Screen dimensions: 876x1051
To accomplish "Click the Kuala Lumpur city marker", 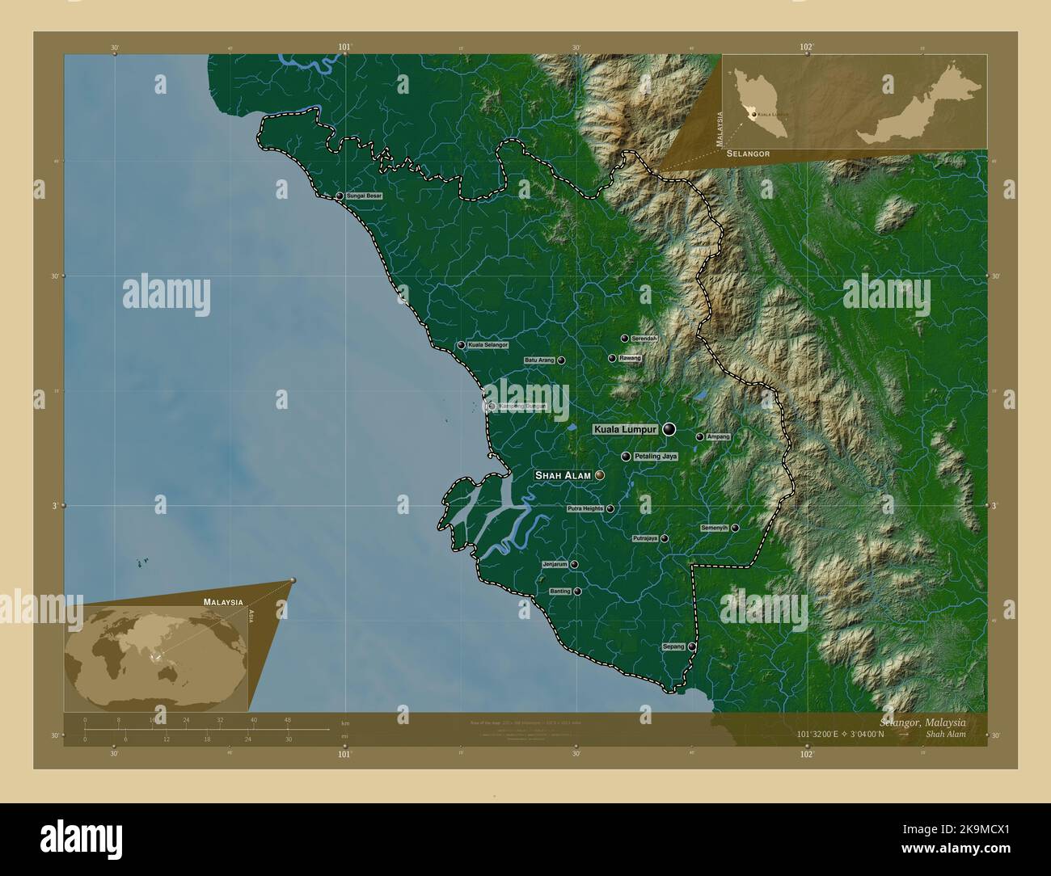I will pyautogui.click(x=669, y=429).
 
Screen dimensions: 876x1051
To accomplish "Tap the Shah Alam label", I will pyautogui.click(x=563, y=476).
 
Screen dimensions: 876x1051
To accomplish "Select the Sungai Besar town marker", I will pyautogui.click(x=340, y=196).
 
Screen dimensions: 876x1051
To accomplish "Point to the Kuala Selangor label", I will pyautogui.click(x=488, y=345).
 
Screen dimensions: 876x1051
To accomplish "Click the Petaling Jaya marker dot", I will pyautogui.click(x=626, y=457).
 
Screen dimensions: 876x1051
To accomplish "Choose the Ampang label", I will pyautogui.click(x=718, y=436).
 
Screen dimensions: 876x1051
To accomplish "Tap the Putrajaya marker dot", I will pyautogui.click(x=665, y=538).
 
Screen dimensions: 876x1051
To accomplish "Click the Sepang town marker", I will pyautogui.click(x=692, y=646).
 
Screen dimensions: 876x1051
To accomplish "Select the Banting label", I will pyautogui.click(x=560, y=592).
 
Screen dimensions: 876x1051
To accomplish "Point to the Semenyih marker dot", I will pyautogui.click(x=735, y=528).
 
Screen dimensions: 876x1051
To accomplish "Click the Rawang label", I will pyautogui.click(x=630, y=357).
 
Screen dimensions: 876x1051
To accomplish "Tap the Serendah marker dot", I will pyautogui.click(x=624, y=339).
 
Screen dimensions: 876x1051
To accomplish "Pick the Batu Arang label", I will pyautogui.click(x=539, y=360).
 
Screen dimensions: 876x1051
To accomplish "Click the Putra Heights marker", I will pyautogui.click(x=610, y=509).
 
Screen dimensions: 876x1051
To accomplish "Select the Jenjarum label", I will pyautogui.click(x=555, y=564).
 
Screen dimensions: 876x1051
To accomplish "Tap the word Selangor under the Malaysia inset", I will pyautogui.click(x=748, y=153).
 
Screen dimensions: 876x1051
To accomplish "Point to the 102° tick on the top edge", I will pyautogui.click(x=806, y=48).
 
